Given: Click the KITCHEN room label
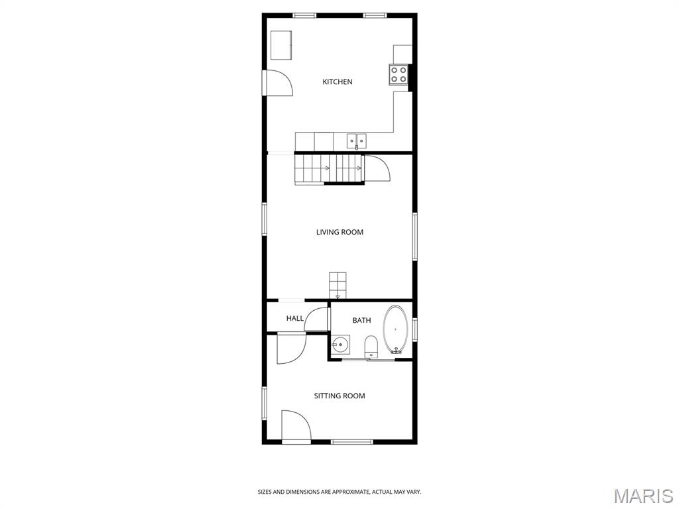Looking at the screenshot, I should [337, 82].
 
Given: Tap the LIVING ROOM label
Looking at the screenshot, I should [339, 233].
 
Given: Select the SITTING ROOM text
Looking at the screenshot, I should [339, 396].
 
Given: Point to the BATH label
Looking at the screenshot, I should [361, 321].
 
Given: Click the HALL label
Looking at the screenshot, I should [295, 319].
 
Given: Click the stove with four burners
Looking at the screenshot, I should [399, 75].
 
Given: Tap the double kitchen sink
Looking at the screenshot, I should [356, 141].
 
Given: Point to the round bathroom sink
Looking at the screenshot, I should [341, 345].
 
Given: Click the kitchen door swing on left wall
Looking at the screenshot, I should [278, 83].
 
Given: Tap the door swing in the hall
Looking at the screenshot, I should [317, 319].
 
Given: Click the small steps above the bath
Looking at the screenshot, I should [338, 285].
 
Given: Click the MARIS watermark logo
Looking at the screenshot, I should [643, 496].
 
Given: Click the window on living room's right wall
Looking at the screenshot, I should [414, 236].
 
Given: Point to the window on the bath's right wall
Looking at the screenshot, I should [414, 329].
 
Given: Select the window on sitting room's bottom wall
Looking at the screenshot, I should [351, 441].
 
